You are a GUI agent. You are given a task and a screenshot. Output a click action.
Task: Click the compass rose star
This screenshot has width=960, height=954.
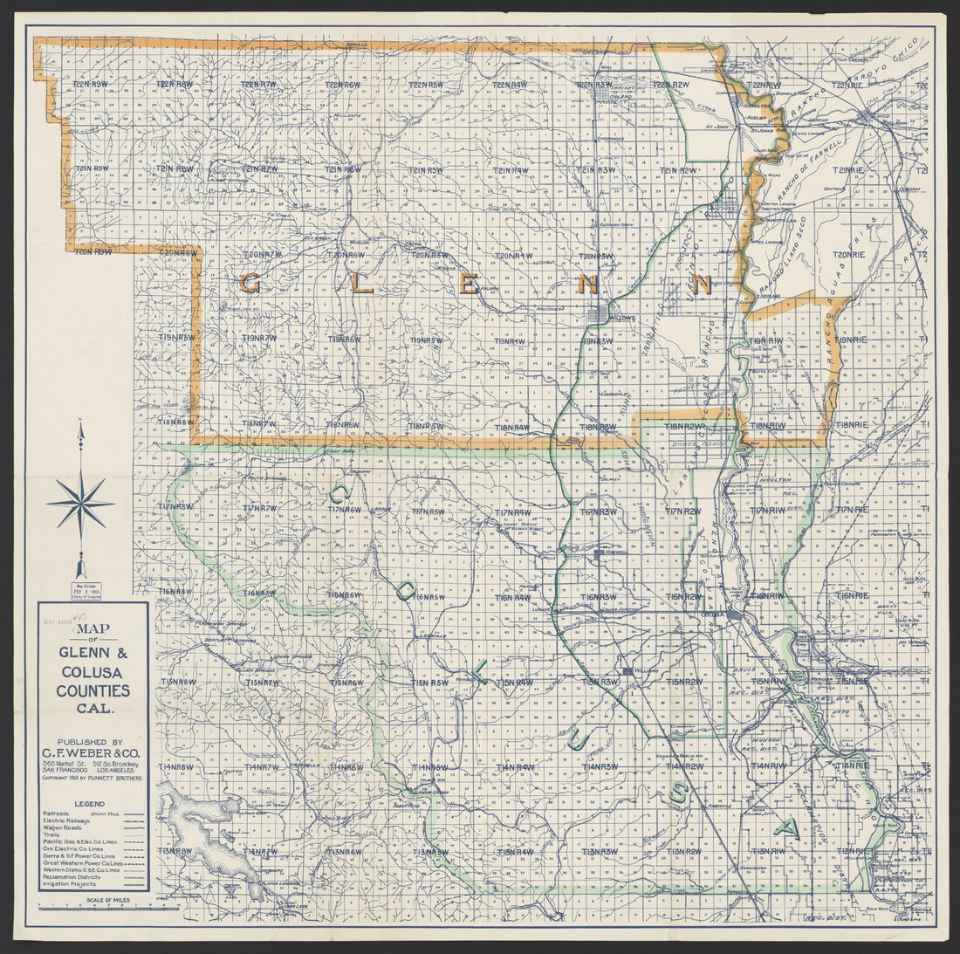80,504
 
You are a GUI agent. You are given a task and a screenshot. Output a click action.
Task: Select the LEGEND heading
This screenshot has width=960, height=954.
88,804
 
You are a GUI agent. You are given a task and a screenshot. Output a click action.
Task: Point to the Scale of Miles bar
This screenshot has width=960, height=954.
96,908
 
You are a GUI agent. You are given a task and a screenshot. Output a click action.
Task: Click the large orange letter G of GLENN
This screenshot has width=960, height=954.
250,283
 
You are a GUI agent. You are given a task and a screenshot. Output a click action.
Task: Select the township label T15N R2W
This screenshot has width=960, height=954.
684,682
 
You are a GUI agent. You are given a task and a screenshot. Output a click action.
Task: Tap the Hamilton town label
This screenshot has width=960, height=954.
752,104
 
